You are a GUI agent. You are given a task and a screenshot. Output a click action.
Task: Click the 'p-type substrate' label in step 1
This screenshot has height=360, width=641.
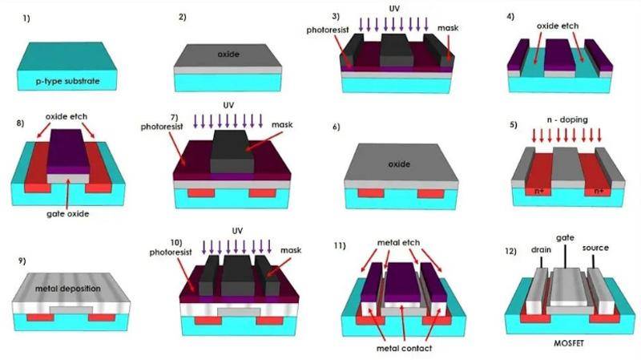(x=67, y=81)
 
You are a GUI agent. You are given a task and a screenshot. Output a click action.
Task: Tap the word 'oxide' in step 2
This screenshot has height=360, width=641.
(x=228, y=54)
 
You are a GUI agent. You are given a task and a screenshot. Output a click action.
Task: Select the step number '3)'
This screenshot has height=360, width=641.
(x=336, y=16)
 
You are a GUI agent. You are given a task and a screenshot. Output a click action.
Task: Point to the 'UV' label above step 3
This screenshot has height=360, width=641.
(x=393, y=8)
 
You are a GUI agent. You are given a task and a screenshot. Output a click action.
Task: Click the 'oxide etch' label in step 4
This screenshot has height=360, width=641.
(x=558, y=26)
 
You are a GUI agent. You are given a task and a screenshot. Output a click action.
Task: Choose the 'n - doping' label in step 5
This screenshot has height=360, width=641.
(x=567, y=119)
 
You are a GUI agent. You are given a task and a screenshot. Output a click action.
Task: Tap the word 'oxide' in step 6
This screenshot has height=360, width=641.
(x=398, y=164)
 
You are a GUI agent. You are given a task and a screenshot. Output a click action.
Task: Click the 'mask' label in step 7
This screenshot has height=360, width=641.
(x=282, y=124)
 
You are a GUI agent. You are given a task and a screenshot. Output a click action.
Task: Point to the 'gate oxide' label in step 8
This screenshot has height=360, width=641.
(x=67, y=214)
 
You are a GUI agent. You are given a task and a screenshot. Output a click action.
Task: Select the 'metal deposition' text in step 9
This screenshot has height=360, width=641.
(x=68, y=289)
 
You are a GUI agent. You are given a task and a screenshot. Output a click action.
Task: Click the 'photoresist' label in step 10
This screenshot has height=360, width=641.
(x=171, y=253)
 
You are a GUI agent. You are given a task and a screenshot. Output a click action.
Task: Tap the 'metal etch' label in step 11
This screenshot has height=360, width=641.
(x=398, y=243)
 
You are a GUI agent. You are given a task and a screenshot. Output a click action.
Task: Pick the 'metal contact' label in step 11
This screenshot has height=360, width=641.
(x=404, y=349)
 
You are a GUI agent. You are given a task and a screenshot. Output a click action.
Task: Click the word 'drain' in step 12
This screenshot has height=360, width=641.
(x=541, y=249)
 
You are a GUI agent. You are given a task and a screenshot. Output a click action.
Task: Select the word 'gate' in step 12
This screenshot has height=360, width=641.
(x=565, y=237)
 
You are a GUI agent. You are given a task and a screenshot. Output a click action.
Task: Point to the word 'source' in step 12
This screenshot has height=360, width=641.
(x=595, y=248)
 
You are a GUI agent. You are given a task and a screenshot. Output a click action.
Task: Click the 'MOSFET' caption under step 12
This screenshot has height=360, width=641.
(x=569, y=343)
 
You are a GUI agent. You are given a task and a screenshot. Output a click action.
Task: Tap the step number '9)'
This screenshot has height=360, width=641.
(x=22, y=261)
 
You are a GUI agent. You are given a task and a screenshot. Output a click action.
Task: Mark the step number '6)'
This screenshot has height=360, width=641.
(x=336, y=127)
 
